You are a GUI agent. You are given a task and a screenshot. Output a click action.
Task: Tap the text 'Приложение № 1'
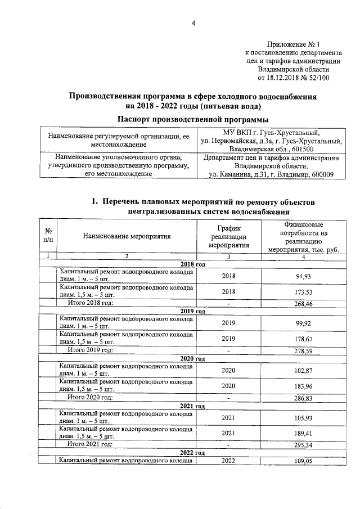click(292, 44)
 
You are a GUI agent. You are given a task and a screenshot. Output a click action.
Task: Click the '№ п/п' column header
click(48, 237)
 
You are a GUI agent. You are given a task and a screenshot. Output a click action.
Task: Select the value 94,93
click(303, 276)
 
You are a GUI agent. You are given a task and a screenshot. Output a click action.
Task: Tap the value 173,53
click(303, 292)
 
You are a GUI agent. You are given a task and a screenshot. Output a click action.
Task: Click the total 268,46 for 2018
click(303, 304)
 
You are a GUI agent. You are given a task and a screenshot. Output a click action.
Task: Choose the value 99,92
click(303, 323)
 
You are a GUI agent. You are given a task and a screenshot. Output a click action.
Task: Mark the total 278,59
click(303, 351)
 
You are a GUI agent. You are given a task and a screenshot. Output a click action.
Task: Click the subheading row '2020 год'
click(192, 358)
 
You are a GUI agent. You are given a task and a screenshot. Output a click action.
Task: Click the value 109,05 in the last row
click(303, 461)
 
